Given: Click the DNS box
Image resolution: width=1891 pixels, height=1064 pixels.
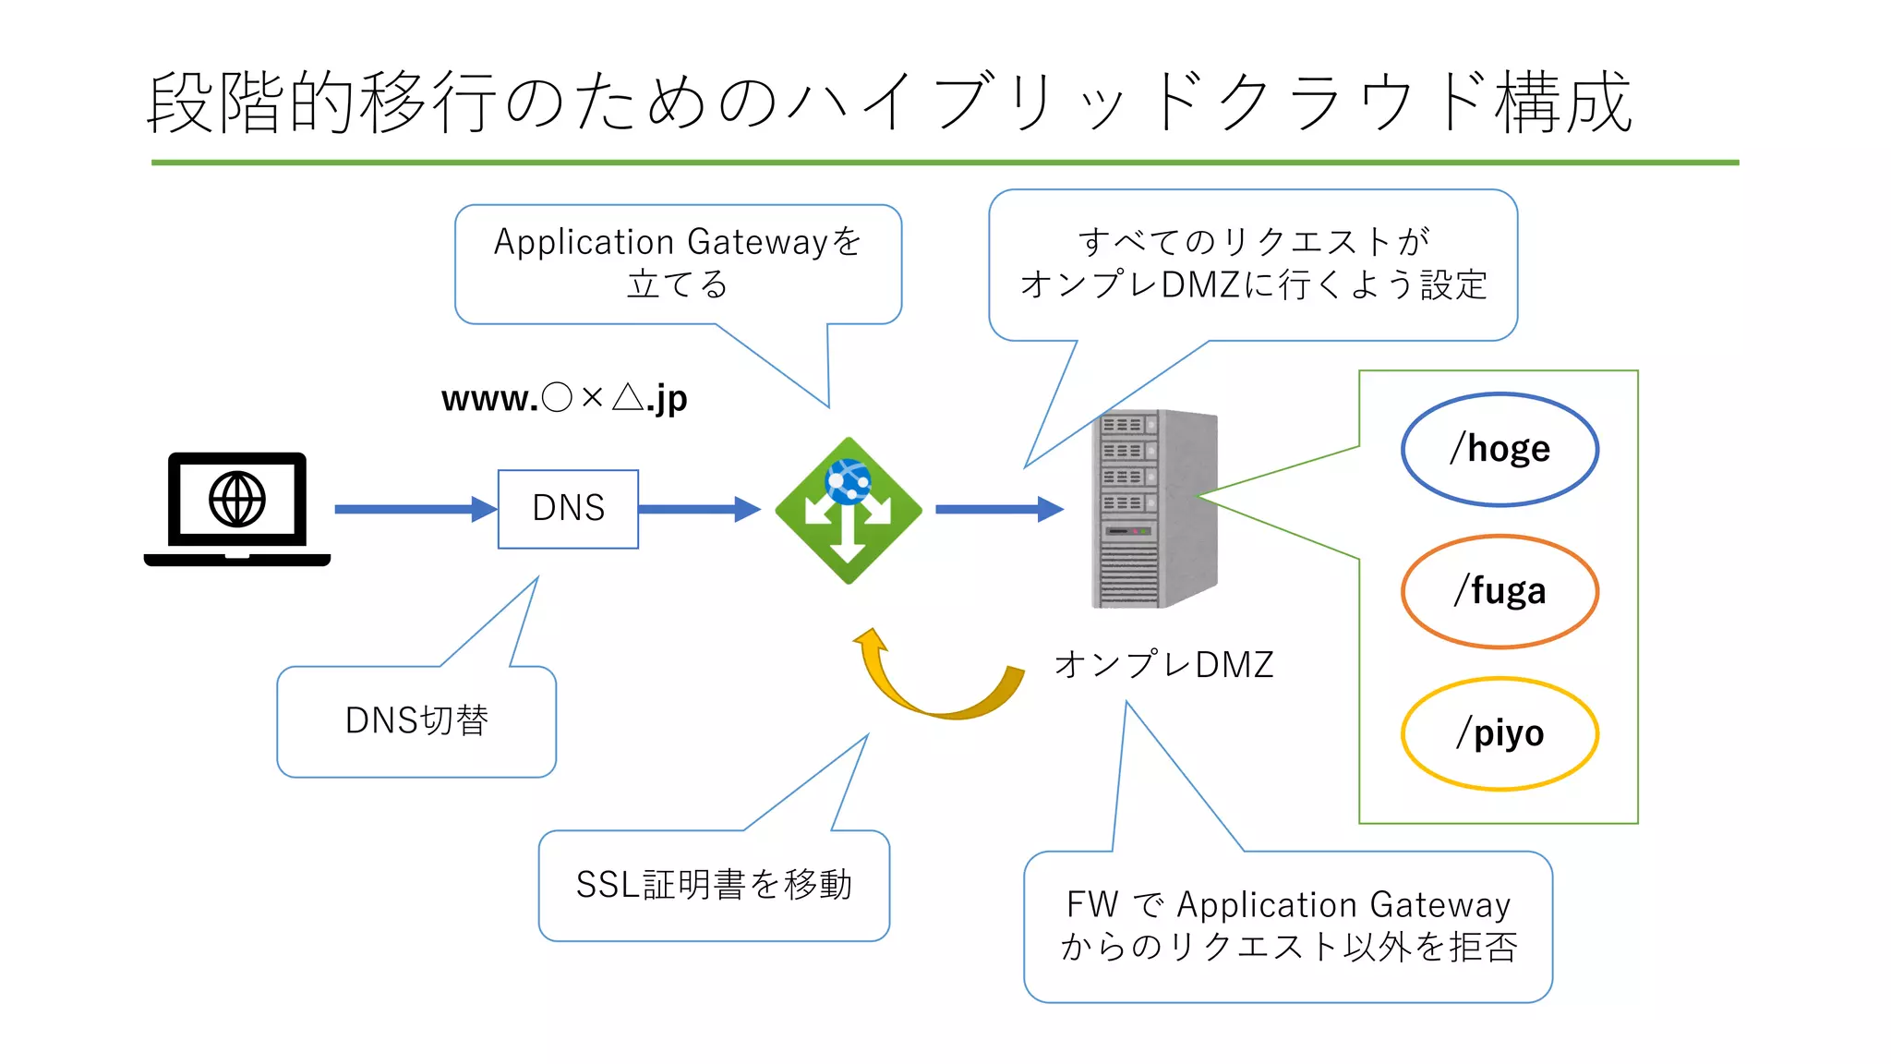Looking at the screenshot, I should (x=568, y=509).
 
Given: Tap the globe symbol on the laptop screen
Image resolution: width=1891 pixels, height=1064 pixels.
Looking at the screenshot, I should (x=237, y=500).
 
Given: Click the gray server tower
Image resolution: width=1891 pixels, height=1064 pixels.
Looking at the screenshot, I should (x=1154, y=509).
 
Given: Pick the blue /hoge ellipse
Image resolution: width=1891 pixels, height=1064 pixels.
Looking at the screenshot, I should (x=1500, y=450).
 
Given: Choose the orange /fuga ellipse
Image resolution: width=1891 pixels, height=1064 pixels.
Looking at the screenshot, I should (x=1500, y=591).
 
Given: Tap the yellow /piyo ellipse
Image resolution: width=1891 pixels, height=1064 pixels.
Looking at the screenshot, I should (x=1500, y=733).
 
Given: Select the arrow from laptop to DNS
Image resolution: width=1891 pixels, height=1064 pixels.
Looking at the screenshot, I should (x=415, y=509).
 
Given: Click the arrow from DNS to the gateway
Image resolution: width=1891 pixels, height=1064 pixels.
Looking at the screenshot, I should (x=698, y=509).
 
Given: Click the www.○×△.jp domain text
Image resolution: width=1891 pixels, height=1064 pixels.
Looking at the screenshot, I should (x=564, y=398).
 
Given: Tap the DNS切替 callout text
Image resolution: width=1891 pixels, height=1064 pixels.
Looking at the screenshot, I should (x=416, y=720).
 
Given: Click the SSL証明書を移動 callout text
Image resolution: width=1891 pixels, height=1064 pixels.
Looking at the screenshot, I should (x=714, y=885).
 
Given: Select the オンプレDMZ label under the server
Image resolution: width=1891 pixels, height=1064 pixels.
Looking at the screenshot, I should (x=1163, y=664).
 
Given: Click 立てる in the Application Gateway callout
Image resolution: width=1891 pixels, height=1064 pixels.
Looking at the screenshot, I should (x=678, y=284).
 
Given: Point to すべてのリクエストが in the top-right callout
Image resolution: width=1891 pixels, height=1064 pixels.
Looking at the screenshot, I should (x=1253, y=242).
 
